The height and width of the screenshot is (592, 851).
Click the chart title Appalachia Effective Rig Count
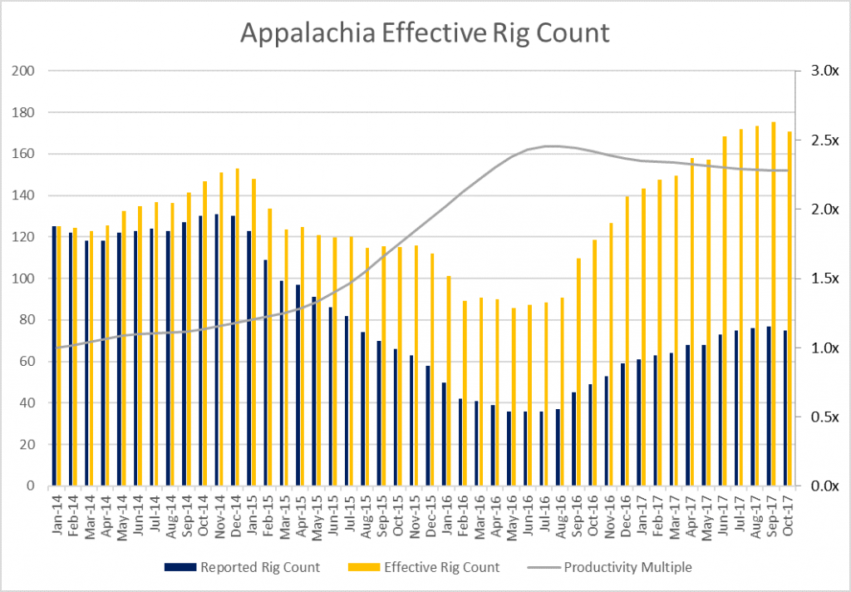click(425, 32)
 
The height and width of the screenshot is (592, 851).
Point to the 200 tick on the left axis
click(23, 71)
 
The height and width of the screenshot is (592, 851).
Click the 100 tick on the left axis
click(23, 279)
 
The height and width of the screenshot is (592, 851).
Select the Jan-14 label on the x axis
click(57, 514)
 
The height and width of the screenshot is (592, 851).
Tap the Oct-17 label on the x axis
click(787, 514)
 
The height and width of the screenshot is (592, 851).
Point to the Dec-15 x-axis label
click(430, 514)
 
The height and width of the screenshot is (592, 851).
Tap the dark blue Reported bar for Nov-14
click(216, 350)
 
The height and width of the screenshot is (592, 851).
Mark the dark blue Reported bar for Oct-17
click(785, 407)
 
